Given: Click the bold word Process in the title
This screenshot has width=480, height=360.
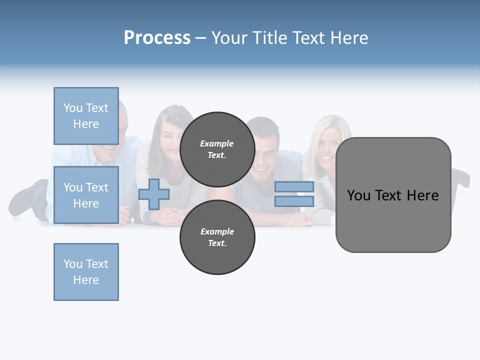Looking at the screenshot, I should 157,37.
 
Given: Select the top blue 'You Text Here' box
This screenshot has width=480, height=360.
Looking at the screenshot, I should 86,116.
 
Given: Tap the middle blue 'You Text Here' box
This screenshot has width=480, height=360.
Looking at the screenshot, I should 86,195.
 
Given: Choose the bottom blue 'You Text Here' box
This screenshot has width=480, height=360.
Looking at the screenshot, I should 86,272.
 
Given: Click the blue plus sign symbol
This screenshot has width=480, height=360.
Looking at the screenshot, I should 154,194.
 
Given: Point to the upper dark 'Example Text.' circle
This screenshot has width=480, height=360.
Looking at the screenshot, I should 217,149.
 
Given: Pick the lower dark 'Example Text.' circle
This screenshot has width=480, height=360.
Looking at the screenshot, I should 217,237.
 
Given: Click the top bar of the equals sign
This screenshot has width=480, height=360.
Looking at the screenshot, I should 294,187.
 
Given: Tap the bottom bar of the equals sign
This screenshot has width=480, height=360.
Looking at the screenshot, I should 294,201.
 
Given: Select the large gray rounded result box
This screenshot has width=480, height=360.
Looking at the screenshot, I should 393,195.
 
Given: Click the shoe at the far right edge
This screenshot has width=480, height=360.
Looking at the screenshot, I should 460,177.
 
